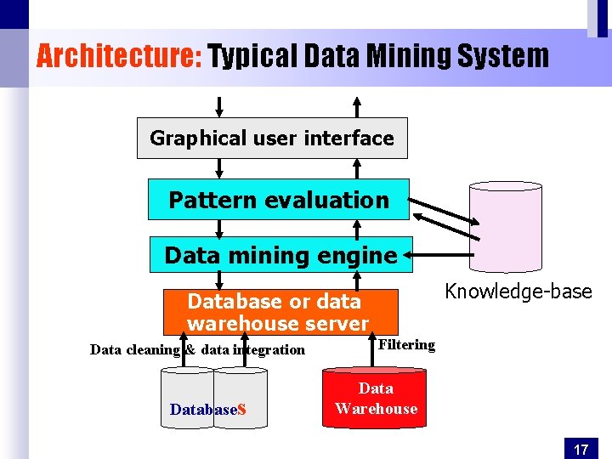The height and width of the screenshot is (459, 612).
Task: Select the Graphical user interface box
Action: [272, 138]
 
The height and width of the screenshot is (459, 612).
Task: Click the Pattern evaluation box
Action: [279, 200]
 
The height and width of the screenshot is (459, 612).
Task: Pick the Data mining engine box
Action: [280, 255]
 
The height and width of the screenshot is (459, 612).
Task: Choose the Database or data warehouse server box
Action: [280, 312]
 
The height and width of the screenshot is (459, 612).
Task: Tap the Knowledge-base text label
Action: [518, 292]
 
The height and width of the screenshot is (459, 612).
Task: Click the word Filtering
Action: [406, 344]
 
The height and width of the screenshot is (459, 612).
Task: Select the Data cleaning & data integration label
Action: [197, 349]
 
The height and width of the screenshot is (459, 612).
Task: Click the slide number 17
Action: [581, 449]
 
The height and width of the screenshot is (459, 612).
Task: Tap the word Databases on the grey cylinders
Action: [207, 410]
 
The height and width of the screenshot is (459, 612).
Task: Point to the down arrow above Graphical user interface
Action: [219, 106]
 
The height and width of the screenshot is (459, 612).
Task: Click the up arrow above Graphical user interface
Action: [357, 106]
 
